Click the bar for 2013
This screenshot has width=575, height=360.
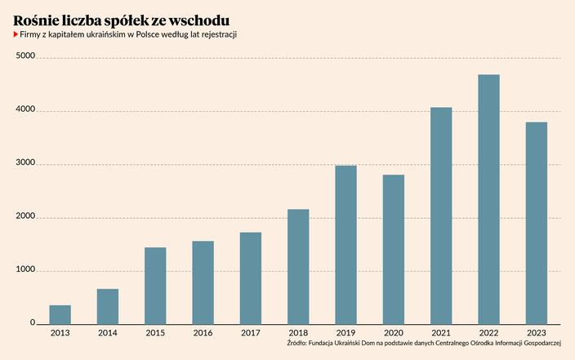pos(60,314)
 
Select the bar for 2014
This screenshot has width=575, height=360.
pos(108,306)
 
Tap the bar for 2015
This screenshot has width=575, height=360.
pos(155,285)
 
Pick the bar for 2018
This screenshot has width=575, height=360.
pos(298,266)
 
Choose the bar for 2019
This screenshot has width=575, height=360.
pos(345,244)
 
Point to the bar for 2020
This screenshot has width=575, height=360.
pos(394,249)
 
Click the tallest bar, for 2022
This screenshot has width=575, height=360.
pos(488,199)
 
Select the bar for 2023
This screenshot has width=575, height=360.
pos(537,223)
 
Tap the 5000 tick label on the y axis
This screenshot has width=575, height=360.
pos(25,56)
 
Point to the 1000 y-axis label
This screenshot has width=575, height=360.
pos(25,270)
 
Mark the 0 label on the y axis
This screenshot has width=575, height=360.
pos(33,322)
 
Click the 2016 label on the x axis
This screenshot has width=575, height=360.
pos(203,333)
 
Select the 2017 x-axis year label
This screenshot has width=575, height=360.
pos(251,333)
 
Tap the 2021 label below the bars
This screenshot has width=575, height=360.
pos(441,333)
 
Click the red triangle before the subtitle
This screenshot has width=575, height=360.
pos(16,36)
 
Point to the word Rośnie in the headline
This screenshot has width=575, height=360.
pos(37,19)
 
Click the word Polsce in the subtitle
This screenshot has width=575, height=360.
pos(145,36)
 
